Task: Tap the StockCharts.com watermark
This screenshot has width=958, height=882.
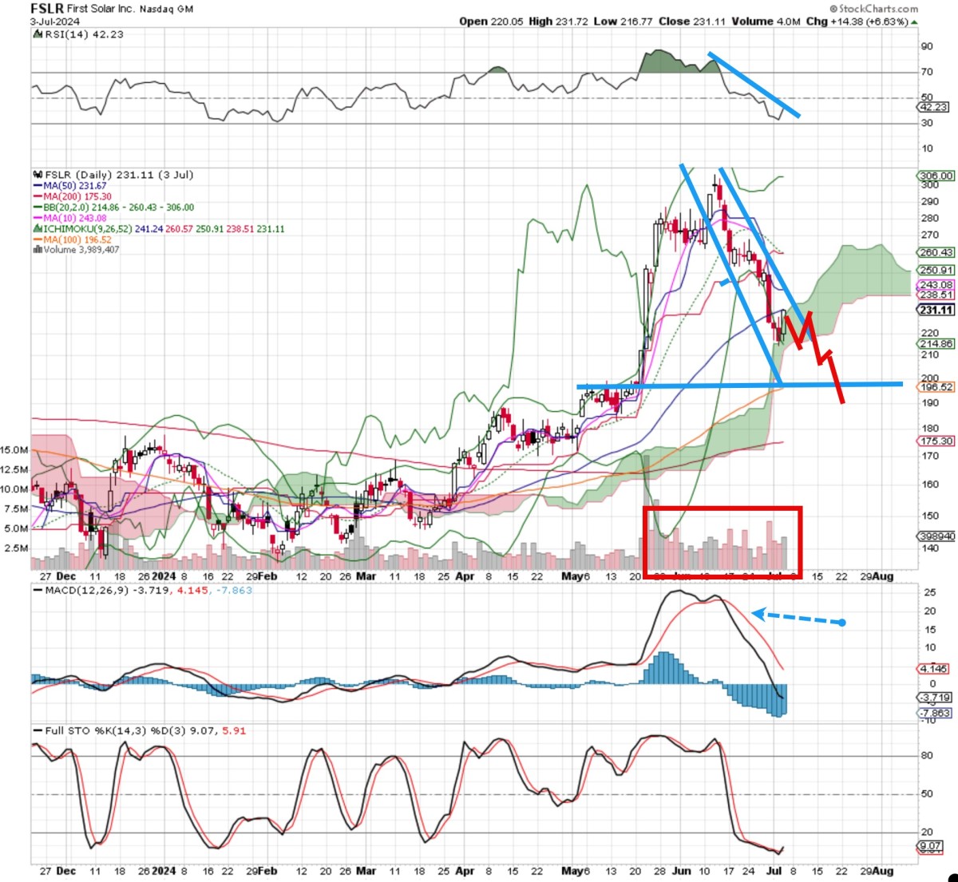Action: coord(878,9)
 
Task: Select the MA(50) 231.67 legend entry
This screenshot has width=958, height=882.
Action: coord(75,186)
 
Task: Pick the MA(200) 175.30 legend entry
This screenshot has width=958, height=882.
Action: coord(77,196)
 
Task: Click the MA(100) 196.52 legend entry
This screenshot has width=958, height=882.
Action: coord(77,239)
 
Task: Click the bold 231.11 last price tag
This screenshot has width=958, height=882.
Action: coord(936,310)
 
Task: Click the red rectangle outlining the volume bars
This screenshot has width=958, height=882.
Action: coord(722,508)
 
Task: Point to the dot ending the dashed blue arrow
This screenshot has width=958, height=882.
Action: coord(842,623)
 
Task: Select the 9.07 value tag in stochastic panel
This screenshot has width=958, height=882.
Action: coord(931,846)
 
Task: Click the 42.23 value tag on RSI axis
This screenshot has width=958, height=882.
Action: coord(934,107)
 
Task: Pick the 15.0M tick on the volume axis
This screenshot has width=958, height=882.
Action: coord(14,450)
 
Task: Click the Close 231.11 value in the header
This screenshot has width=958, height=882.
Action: coord(691,22)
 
